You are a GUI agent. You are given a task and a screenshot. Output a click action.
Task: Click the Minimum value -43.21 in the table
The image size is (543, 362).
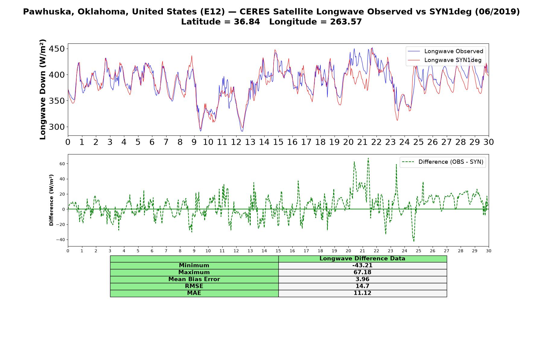(x=362, y=265)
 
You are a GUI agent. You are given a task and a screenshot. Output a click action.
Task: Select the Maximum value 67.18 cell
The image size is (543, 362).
(x=362, y=272)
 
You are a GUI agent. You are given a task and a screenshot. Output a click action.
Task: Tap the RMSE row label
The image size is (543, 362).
(x=194, y=286)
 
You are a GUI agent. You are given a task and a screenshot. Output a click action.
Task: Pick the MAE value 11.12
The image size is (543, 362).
(x=362, y=293)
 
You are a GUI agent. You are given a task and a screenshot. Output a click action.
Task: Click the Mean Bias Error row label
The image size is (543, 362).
(x=194, y=279)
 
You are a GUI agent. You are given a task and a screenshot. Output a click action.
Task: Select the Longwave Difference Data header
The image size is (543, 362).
(x=362, y=259)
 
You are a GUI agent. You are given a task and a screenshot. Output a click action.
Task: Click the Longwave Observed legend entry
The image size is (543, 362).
(x=446, y=51)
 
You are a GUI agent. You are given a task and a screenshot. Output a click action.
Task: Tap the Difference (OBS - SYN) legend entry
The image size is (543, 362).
(x=443, y=162)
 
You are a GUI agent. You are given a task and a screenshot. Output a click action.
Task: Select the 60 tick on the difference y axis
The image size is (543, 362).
(x=62, y=164)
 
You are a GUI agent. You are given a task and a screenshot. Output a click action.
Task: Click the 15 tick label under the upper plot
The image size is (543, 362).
(x=278, y=142)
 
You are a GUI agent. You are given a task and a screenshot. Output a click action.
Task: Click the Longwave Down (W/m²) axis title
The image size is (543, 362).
(x=43, y=89)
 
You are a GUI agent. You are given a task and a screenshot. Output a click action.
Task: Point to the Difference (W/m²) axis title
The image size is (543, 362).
(x=51, y=200)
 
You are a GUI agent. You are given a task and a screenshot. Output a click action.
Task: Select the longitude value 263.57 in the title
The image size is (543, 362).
(x=346, y=22)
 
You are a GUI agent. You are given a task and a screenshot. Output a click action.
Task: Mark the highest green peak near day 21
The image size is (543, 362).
(x=368, y=158)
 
